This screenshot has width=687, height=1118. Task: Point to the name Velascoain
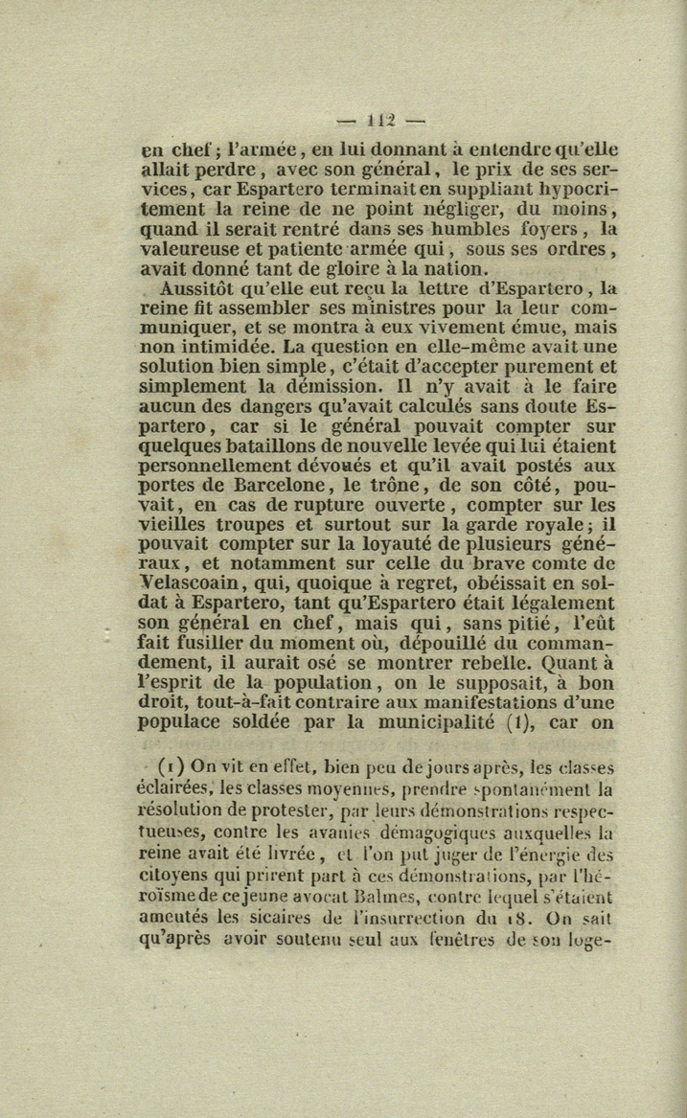click(182, 584)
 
